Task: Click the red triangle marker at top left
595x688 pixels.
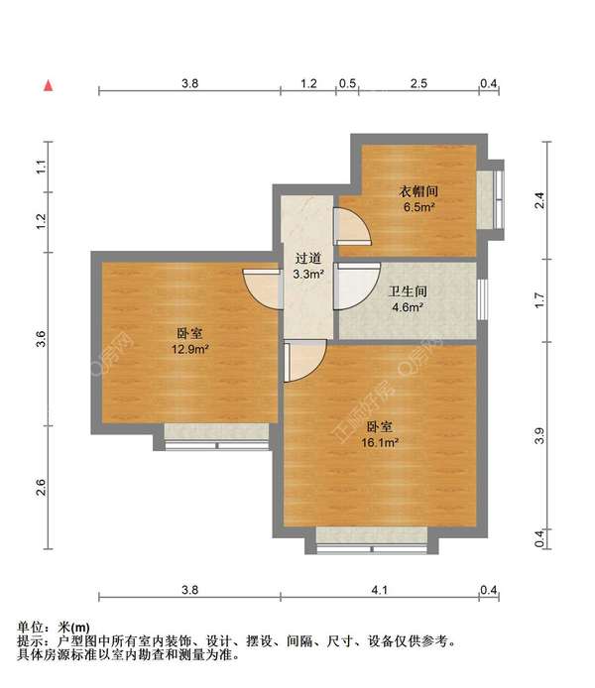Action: coord(47,86)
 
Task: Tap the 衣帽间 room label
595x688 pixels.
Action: coord(418,191)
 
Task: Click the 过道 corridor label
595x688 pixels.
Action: coord(306,258)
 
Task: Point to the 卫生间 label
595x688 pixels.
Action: coord(407,291)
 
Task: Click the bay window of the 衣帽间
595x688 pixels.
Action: coord(488,200)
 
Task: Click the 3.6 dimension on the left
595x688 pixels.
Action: coord(41,340)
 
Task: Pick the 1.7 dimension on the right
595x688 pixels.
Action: coord(539,296)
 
